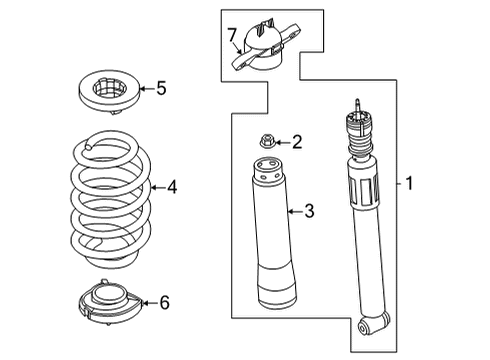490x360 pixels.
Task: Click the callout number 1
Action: point(409,183)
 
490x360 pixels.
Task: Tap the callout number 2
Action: point(296,143)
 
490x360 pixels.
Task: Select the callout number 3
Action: point(309,210)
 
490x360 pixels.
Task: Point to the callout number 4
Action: point(172,186)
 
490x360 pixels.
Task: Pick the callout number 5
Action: point(161,89)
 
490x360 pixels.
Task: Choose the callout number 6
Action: point(164,301)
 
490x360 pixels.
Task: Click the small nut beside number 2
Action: point(267,143)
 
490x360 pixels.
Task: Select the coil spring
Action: point(112,200)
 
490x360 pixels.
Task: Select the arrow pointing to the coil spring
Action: point(154,186)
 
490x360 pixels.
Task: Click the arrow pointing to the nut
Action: point(281,143)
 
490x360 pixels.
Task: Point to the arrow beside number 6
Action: point(147,301)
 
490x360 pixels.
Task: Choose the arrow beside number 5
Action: point(144,89)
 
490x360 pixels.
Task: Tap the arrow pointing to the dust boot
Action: point(291,210)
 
